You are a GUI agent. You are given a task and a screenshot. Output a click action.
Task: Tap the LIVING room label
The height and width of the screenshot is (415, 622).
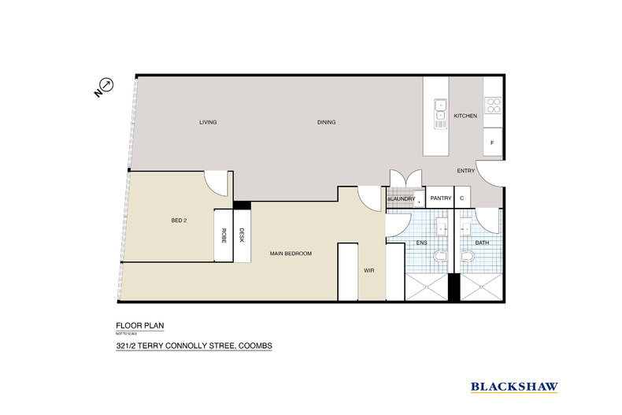(208, 122)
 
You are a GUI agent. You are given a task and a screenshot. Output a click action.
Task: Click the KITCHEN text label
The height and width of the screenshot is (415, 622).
(465, 116)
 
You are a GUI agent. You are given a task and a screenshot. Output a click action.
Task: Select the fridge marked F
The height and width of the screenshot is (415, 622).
(492, 143)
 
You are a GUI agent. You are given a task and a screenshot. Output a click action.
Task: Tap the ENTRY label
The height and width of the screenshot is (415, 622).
(465, 171)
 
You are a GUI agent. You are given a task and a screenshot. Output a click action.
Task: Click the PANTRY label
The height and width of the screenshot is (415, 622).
(440, 198)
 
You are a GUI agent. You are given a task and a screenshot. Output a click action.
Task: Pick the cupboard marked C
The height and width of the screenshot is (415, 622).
(462, 198)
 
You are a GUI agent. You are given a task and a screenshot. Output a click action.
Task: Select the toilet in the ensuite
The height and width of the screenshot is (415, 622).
(443, 258)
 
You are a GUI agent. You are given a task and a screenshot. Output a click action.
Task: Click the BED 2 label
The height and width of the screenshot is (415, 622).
(179, 220)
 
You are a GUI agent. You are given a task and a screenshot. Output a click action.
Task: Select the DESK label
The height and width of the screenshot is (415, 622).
(243, 234)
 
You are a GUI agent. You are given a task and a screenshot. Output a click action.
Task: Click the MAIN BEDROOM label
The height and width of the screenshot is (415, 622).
(291, 253)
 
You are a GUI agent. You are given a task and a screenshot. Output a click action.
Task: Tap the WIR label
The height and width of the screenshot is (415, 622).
(368, 270)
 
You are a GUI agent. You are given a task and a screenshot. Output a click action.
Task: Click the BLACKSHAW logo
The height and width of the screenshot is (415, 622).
(514, 386)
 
